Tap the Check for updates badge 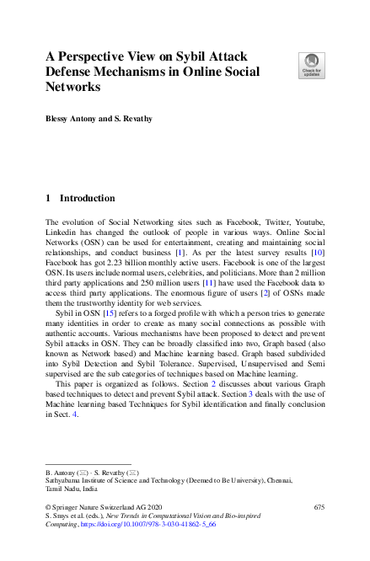[310, 65]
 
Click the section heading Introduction [87, 199]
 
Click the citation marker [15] [108, 312]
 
